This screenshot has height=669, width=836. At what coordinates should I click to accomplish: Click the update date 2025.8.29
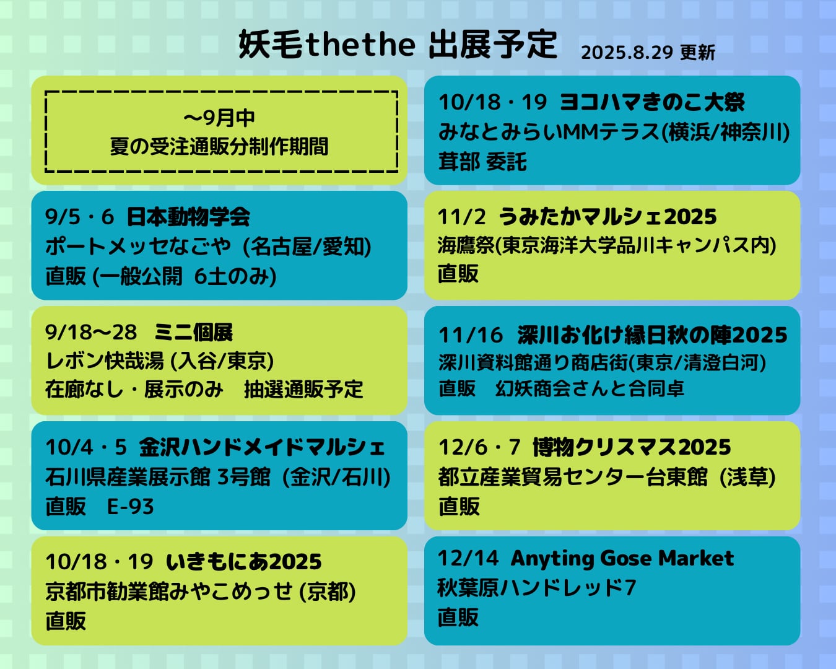tap(627, 53)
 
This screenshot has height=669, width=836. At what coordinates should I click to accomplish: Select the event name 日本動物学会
tap(188, 217)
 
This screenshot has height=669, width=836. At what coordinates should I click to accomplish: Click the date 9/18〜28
tap(91, 333)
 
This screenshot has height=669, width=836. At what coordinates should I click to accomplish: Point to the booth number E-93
tap(131, 507)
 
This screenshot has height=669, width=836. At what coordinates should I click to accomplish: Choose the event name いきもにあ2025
tap(244, 562)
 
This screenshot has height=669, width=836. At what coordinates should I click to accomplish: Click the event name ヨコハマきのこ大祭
tap(652, 103)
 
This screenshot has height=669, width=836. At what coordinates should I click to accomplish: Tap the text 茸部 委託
tap(482, 162)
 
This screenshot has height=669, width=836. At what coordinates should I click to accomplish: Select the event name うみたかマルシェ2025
tap(607, 217)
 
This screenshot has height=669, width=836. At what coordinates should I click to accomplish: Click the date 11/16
tap(471, 335)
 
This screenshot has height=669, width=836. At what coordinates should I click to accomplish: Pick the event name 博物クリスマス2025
tap(632, 447)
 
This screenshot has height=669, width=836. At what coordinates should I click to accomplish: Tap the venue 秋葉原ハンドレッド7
tap(537, 587)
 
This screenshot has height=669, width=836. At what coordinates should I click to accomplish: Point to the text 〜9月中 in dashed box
tap(219, 118)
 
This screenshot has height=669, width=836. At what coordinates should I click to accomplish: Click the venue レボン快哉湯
tap(105, 361)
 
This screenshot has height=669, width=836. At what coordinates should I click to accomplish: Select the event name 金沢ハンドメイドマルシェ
tap(262, 447)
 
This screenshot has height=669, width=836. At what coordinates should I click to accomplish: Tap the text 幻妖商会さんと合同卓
tap(590, 388)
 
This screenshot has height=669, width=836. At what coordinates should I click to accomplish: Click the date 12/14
tap(468, 559)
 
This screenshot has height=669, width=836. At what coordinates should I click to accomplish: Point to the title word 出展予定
tap(494, 45)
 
